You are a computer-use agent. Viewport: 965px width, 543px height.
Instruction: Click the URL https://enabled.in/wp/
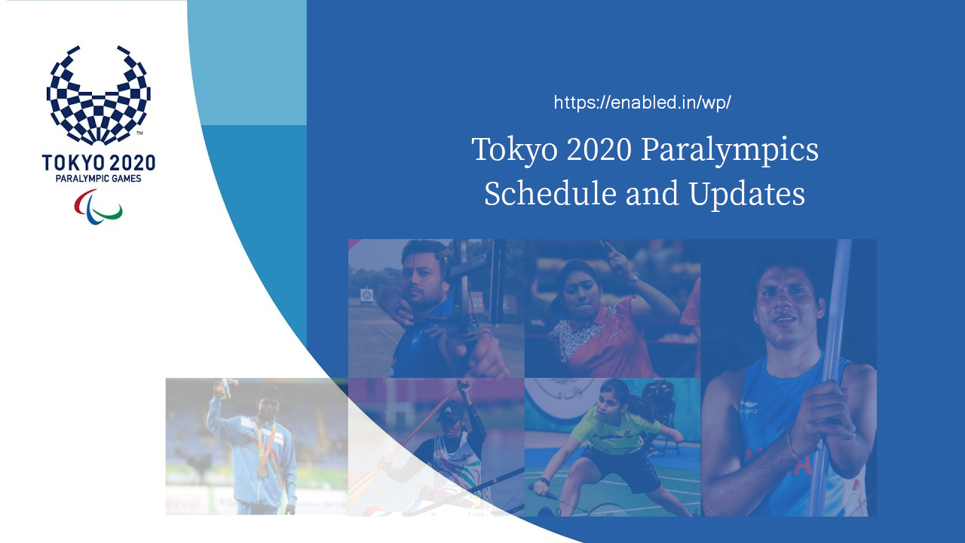pos(642,103)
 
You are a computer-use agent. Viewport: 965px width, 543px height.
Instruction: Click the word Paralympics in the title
pos(730,149)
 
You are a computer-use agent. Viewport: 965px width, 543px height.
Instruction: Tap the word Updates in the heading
pos(746,194)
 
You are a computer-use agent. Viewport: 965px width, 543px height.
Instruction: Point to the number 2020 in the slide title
pos(599,149)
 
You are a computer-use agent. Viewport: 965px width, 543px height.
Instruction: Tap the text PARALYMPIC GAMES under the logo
pos(98,179)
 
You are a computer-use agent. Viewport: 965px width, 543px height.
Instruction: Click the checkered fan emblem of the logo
pos(98,97)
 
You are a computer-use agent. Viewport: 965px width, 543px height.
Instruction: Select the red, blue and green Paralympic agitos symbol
pos(98,207)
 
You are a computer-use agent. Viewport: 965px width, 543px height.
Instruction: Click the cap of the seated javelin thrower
pos(450,411)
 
